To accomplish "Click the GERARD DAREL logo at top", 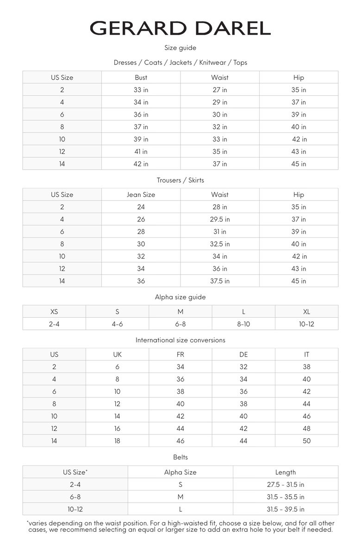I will [180, 28].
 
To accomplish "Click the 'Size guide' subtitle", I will [180, 48].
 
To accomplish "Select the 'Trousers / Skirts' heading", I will [180, 180].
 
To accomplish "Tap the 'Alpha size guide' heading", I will [180, 297].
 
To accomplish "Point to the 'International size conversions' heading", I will [180, 340].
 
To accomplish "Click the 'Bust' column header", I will [141, 77].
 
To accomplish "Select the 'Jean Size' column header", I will [141, 195].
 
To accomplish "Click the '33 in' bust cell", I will [141, 90].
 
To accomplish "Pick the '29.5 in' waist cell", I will [220, 220].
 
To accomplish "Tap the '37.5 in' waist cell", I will [220, 281].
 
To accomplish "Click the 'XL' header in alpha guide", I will [306, 312].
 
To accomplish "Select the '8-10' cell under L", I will [243, 324].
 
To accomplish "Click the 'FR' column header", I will [180, 354].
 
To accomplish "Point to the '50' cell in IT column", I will [306, 441].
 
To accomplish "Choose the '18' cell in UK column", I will [117, 441].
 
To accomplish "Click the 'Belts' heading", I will [180, 457].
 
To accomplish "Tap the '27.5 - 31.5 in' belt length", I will [286, 485].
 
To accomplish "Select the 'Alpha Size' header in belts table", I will [180, 472].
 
